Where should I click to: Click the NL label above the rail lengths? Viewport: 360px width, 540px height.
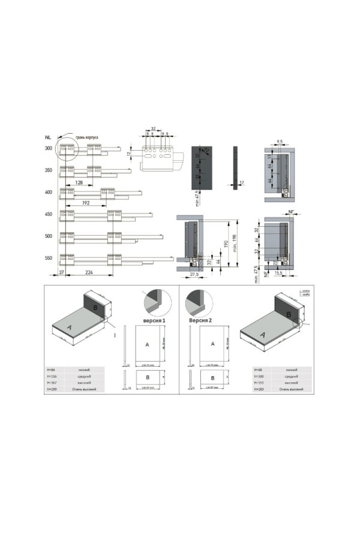click(x=47, y=137)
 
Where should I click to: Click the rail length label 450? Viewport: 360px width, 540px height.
click(x=48, y=214)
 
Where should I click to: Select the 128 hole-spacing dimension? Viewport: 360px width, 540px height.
click(x=79, y=182)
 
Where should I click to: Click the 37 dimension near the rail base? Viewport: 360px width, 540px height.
click(x=62, y=272)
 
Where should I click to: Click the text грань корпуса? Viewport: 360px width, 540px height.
click(x=87, y=137)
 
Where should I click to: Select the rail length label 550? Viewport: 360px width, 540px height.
click(x=48, y=258)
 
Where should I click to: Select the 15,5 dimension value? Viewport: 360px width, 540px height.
click(x=280, y=273)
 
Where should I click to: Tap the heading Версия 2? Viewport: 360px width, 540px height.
click(x=201, y=320)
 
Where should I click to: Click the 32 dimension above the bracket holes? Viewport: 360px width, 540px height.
click(x=154, y=130)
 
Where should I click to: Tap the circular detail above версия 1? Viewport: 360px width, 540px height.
click(x=154, y=300)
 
